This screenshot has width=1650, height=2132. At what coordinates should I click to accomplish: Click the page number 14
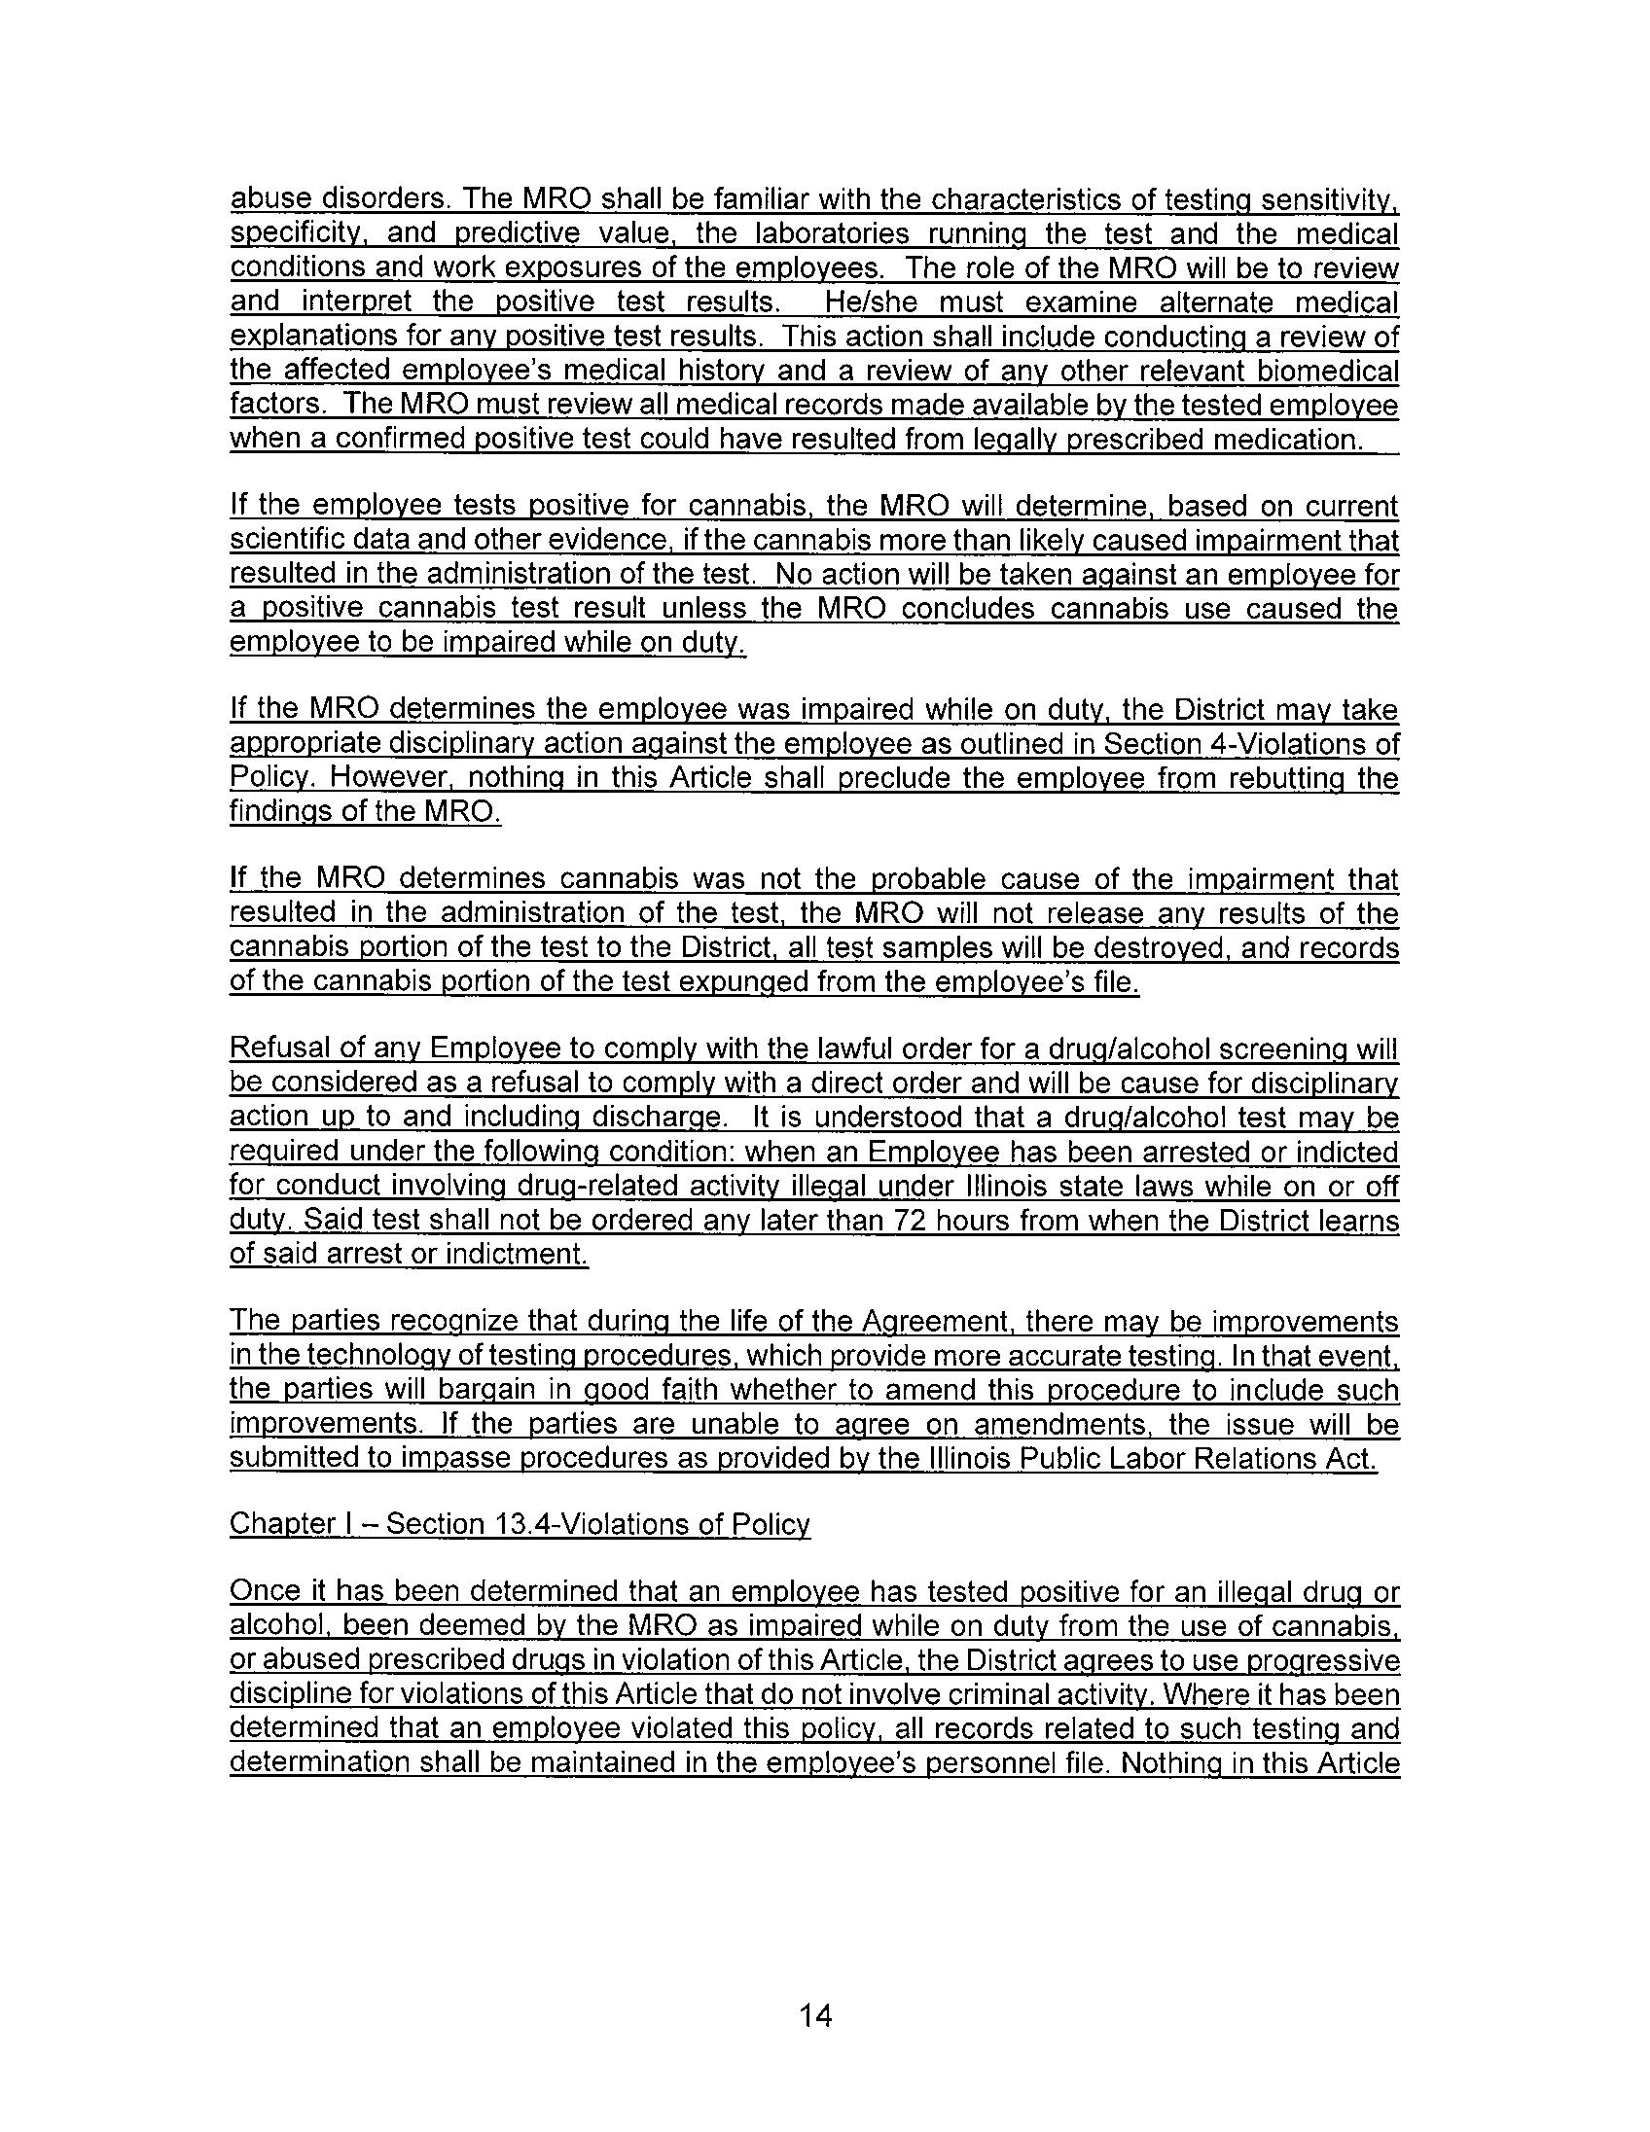coord(815,2014)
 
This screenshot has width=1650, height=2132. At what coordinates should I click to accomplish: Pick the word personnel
coord(984,1763)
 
